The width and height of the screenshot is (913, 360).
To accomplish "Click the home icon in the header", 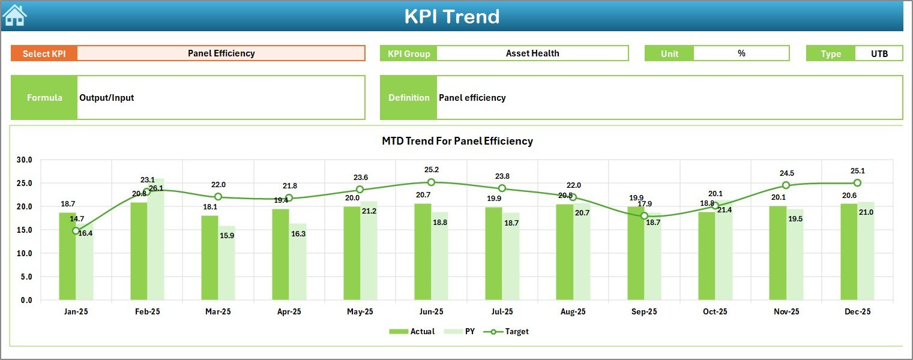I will click(x=14, y=16).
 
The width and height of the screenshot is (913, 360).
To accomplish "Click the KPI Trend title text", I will click(x=451, y=16).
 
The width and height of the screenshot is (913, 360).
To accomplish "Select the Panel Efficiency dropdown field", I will click(x=221, y=53).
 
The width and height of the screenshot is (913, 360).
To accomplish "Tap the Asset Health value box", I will click(x=532, y=53).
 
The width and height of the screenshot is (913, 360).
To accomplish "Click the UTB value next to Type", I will click(x=879, y=53).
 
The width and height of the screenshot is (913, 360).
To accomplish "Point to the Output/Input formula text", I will click(x=106, y=98).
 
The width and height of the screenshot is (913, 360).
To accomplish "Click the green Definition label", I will click(x=409, y=98).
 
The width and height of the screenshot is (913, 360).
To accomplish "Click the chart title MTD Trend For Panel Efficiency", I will click(x=457, y=141).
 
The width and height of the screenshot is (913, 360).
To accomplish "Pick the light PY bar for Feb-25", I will click(x=156, y=240).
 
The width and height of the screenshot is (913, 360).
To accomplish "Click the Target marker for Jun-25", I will click(x=431, y=182).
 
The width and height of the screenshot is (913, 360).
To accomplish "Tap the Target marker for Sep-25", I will click(x=644, y=216).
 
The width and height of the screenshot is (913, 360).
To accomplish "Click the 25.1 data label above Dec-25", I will click(x=857, y=171).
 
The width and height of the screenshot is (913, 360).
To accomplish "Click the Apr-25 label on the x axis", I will click(x=289, y=312).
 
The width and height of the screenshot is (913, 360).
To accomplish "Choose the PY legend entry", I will click(x=462, y=331).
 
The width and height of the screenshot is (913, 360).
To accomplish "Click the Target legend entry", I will click(x=510, y=331).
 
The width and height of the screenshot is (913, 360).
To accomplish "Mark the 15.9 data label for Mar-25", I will click(x=227, y=236).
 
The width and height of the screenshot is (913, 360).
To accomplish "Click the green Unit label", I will click(x=669, y=53).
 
